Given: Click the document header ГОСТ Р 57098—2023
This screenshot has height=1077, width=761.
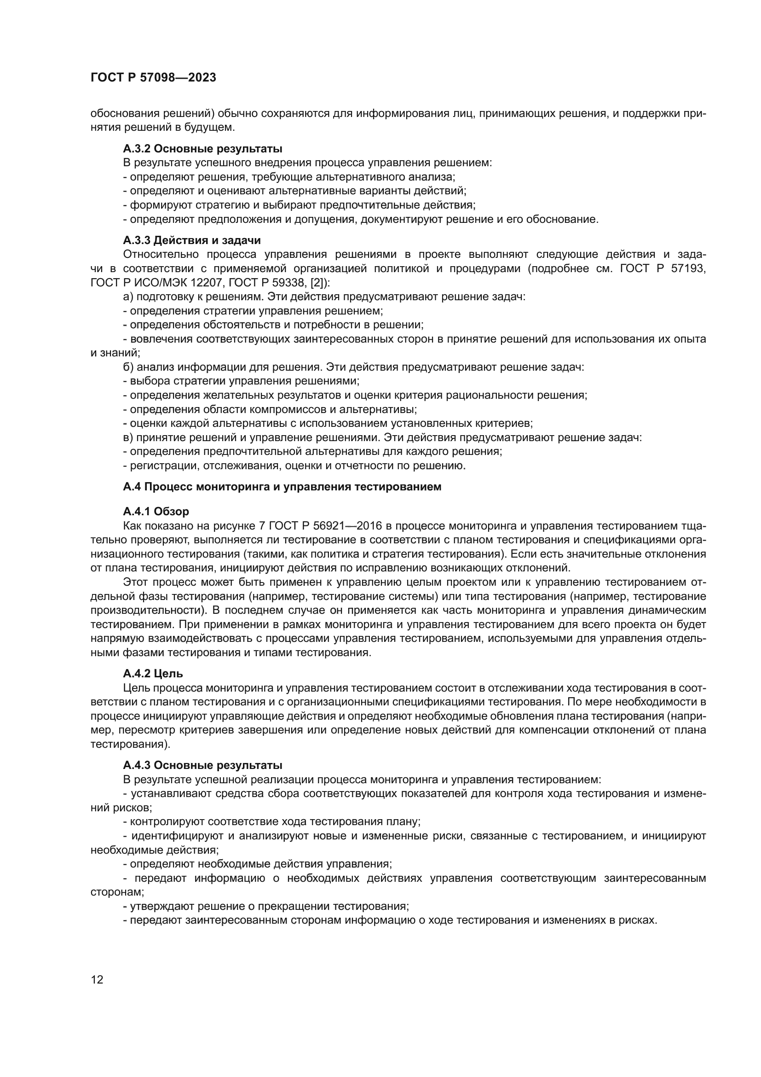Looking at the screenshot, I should tap(153, 78).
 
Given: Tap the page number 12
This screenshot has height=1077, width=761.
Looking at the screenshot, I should tap(97, 979).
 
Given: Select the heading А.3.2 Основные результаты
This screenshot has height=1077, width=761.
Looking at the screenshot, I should tap(202, 149).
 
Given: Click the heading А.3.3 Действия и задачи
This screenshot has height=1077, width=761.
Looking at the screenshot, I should tap(192, 240).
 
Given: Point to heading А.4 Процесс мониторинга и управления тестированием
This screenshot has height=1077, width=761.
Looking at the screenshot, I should tap(282, 486).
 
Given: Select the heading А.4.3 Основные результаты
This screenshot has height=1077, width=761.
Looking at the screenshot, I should tap(202, 765).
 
